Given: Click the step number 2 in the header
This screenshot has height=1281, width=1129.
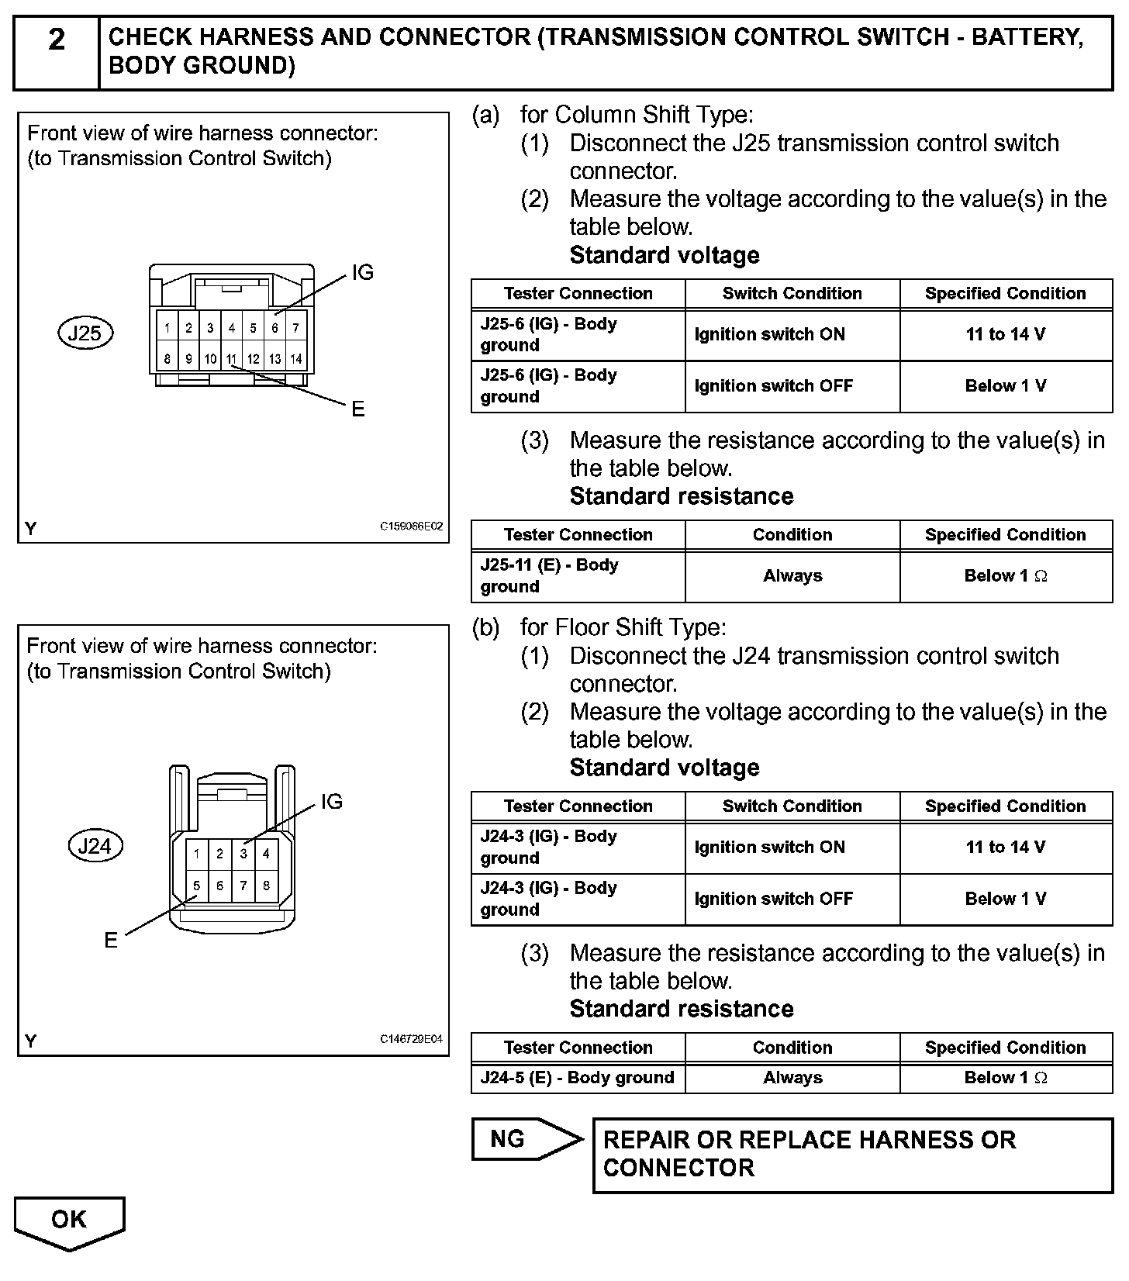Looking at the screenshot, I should pyautogui.click(x=57, y=40).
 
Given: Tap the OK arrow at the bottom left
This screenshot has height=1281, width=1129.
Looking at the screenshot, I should pyautogui.click(x=69, y=1220).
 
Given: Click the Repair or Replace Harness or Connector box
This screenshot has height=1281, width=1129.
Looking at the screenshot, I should pyautogui.click(x=852, y=1154).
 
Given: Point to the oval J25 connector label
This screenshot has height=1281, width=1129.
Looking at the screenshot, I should pyautogui.click(x=85, y=333).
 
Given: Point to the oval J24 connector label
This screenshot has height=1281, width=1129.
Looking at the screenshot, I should pyautogui.click(x=95, y=846).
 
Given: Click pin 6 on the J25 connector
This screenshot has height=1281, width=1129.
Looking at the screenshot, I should pyautogui.click(x=274, y=328).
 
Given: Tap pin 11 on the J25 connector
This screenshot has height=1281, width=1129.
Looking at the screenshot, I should pyautogui.click(x=231, y=359).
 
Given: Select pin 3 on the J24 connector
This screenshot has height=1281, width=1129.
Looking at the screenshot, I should pyautogui.click(x=243, y=854).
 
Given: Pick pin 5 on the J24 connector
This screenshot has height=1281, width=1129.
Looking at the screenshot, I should pyautogui.click(x=197, y=886).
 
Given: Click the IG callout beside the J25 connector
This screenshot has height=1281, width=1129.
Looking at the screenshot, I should pyautogui.click(x=362, y=273).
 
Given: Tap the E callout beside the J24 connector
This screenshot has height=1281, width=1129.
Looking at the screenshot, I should pyautogui.click(x=111, y=940).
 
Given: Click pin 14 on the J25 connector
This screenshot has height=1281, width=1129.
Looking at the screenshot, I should pyautogui.click(x=296, y=359).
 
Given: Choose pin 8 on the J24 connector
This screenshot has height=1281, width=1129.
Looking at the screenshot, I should pyautogui.click(x=266, y=886).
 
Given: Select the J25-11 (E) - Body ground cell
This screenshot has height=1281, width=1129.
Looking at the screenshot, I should pyautogui.click(x=578, y=575).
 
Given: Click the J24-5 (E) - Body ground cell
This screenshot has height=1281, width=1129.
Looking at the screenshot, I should pyautogui.click(x=578, y=1078).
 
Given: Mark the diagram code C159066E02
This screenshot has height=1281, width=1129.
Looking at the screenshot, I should pyautogui.click(x=411, y=527).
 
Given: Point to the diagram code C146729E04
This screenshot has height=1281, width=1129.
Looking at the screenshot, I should pyautogui.click(x=411, y=1039).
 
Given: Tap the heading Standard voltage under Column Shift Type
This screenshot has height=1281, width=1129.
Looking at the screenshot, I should pyautogui.click(x=665, y=255).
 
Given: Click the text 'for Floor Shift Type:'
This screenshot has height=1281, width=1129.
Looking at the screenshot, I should pyautogui.click(x=623, y=627).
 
